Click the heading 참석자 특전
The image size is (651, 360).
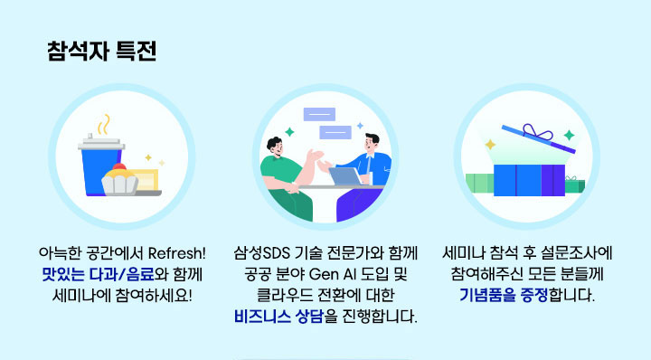[x=100, y=51]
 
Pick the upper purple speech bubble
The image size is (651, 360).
[x=317, y=116]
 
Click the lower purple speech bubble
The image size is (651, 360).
[x=336, y=132]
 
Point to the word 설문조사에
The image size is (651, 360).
[x=580, y=251]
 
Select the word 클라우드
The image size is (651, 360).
[x=283, y=294]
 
